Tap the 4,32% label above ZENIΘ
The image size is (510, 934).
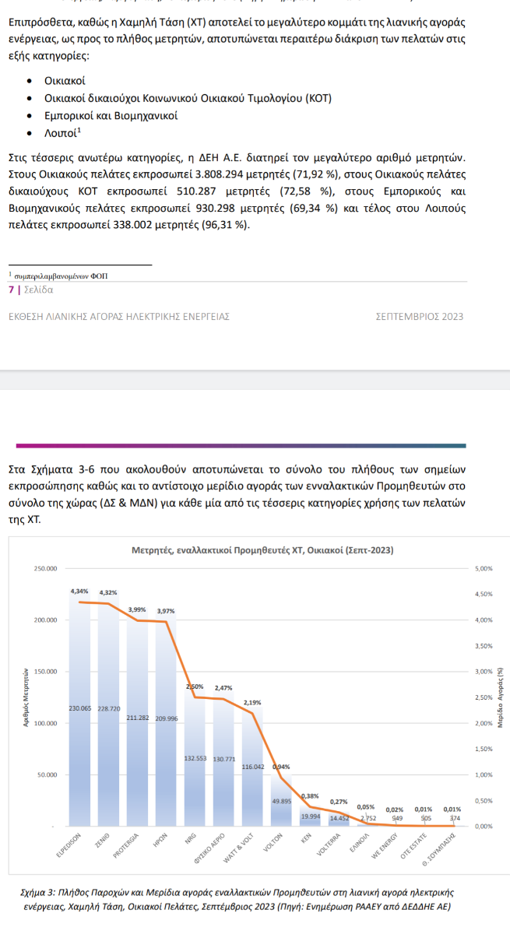point(109,593)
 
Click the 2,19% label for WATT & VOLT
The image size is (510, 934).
point(251,703)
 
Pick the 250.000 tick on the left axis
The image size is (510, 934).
point(45,569)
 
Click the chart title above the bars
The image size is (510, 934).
point(262,550)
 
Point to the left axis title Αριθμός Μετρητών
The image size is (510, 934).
point(26,697)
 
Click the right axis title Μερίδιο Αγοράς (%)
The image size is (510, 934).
point(501,697)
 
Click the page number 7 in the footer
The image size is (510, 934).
point(11,289)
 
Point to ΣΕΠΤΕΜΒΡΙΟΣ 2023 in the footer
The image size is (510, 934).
point(420,317)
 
